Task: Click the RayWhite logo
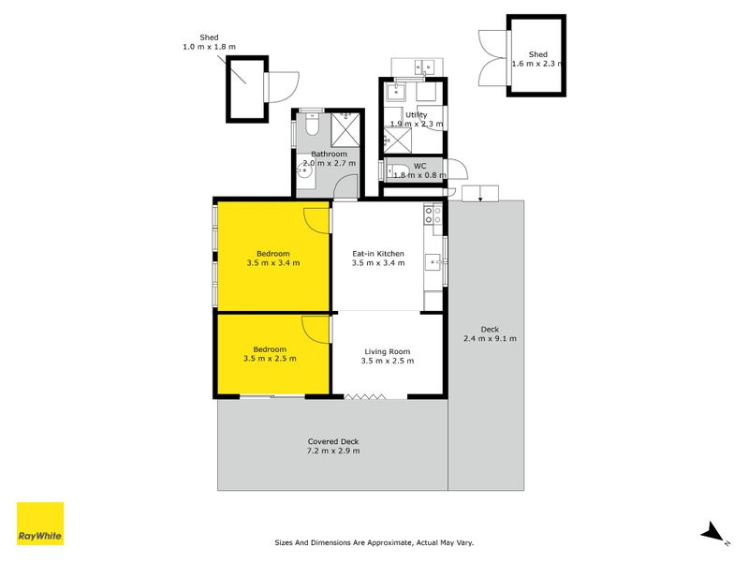(x=40, y=524)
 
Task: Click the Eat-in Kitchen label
(x=377, y=253)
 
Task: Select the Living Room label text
(x=389, y=351)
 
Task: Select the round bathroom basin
(x=305, y=170)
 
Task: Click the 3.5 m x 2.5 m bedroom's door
(x=316, y=330)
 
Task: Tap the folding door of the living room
(x=365, y=397)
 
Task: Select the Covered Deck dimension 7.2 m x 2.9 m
(x=332, y=451)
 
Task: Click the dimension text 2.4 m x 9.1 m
(x=490, y=339)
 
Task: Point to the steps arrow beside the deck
(x=480, y=194)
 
